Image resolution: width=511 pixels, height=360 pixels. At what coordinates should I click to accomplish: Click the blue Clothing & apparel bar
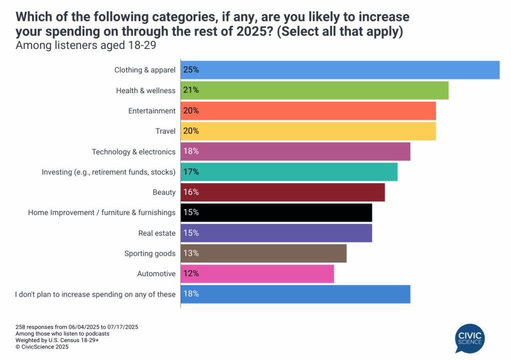coord(340,70)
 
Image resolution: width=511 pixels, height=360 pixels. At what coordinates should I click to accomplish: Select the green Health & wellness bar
coord(314,90)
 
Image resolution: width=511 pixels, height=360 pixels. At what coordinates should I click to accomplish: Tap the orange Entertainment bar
coord(308,111)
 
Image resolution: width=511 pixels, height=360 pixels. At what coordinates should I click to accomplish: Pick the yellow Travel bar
coord(308,131)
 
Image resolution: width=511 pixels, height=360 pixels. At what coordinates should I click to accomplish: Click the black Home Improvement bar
coord(276,212)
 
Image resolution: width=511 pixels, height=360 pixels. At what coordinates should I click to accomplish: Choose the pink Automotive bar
coord(257,274)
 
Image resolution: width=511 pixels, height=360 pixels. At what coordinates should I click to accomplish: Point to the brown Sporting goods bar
coord(263,253)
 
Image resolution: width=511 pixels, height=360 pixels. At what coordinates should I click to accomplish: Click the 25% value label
coord(191,70)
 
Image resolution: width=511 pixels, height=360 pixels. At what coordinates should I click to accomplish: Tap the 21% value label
coord(191,90)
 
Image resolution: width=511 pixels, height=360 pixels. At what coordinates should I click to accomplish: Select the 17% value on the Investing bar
coord(191,172)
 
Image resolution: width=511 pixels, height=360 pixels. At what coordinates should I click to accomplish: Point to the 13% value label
coord(191,253)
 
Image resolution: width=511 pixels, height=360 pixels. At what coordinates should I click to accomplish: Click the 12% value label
coord(191,274)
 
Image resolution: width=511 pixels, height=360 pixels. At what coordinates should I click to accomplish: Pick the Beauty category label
coord(164,192)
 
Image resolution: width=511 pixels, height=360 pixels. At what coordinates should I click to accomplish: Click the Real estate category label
coord(157,233)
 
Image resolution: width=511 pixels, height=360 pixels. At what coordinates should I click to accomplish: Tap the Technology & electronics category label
coord(134,152)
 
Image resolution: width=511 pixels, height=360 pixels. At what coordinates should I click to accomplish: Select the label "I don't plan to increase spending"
coord(95,294)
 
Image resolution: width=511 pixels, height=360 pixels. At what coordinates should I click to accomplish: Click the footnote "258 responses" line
coord(77,327)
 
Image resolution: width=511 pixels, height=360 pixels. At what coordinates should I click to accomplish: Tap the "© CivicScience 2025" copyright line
coord(42,347)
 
